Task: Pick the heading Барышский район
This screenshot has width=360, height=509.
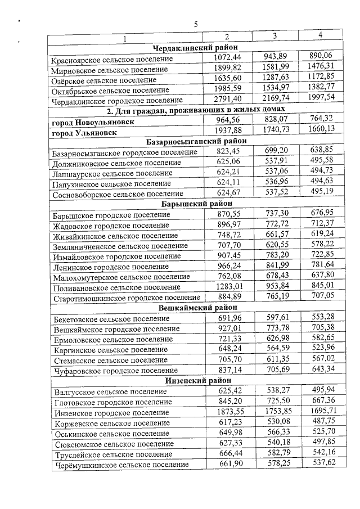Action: (x=195, y=204)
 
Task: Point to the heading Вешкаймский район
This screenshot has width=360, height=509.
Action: (x=195, y=308)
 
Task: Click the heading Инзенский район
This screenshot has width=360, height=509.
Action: (x=195, y=381)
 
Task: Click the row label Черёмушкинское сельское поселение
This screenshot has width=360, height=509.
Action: (x=120, y=465)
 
